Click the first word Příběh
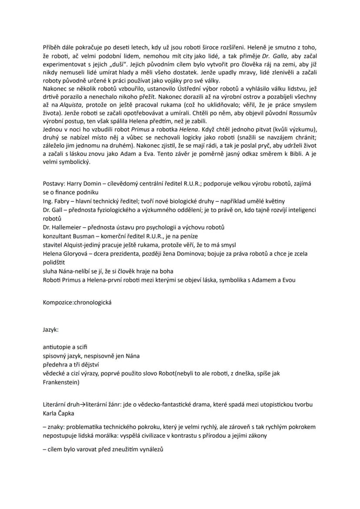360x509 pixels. point(52,47)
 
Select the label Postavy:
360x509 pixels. point(54,184)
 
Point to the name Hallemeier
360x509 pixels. point(66,227)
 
